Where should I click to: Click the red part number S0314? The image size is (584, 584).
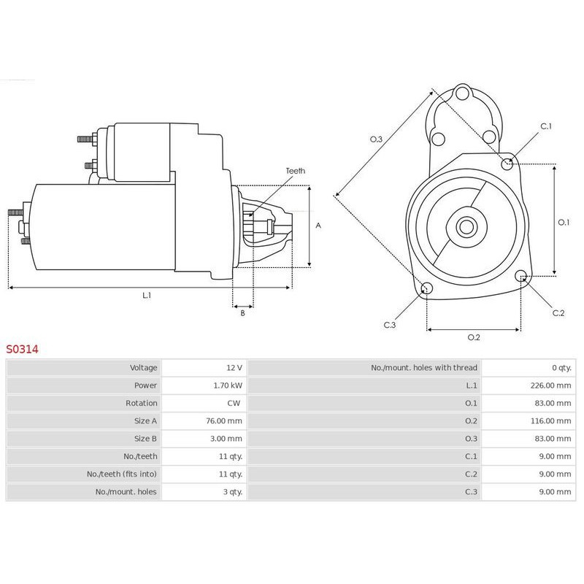click(22, 349)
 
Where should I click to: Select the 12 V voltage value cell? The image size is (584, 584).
click(234, 367)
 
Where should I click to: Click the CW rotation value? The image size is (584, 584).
click(236, 403)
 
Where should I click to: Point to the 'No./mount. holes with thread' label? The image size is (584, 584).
click(423, 367)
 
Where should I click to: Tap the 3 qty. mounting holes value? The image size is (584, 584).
click(231, 491)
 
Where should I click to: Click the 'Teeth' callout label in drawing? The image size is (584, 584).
click(295, 171)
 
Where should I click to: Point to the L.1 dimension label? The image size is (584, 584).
click(147, 296)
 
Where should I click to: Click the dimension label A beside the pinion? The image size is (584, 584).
click(318, 226)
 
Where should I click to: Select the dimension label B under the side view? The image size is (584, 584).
click(242, 313)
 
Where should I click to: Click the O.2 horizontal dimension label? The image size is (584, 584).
click(473, 337)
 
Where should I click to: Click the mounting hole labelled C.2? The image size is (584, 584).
click(521, 276)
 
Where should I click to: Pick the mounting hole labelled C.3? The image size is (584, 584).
click(426, 288)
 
